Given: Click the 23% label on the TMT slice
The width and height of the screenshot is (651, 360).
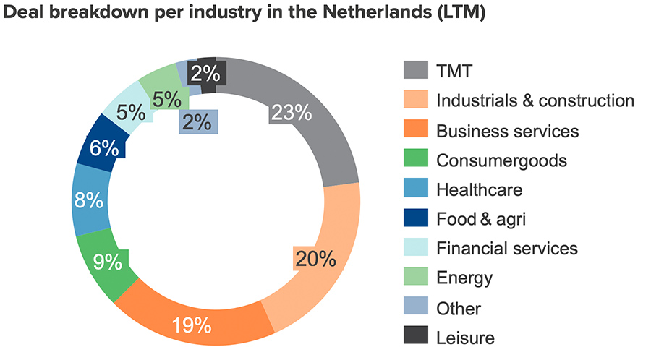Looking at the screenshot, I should (291, 112).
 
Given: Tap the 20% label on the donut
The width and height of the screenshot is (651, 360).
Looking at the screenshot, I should (315, 258).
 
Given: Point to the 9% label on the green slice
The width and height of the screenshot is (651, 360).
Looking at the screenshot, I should (108, 262).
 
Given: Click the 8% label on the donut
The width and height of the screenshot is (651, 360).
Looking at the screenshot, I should (88, 200).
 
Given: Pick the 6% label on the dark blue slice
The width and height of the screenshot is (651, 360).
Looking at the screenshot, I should (104, 148).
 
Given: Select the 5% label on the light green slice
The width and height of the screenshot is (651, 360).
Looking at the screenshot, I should (167, 98).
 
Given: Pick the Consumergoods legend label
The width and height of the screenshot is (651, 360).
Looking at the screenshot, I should (501, 160).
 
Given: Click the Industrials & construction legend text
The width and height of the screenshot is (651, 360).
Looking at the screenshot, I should (535, 100).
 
